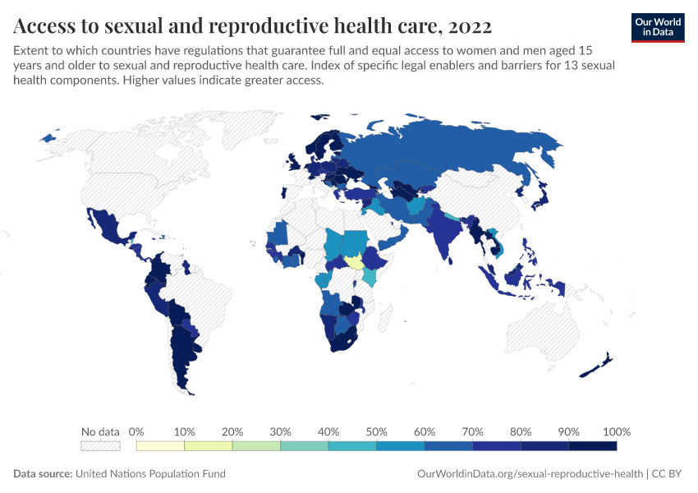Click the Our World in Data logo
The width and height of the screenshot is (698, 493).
pyautogui.click(x=658, y=27)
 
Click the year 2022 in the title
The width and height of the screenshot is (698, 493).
pyautogui.click(x=471, y=26)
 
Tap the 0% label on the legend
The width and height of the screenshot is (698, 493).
pyautogui.click(x=136, y=431)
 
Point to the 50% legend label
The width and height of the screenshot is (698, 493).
pyautogui.click(x=376, y=431)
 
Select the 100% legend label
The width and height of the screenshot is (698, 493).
pyautogui.click(x=616, y=431)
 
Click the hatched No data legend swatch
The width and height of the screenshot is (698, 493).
pyautogui.click(x=100, y=446)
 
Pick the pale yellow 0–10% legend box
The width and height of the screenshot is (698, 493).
pyautogui.click(x=160, y=446)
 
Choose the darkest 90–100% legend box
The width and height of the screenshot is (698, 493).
pyautogui.click(x=592, y=446)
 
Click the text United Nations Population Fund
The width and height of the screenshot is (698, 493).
pyautogui.click(x=150, y=474)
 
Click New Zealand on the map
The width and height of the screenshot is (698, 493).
pyautogui.click(x=599, y=366)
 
